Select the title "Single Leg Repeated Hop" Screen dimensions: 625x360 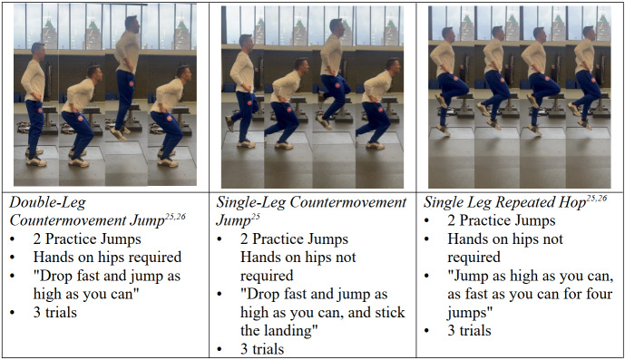click(x=504, y=202)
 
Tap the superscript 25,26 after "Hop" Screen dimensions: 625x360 click(x=597, y=199)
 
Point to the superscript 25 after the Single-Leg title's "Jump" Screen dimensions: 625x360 click(x=244, y=217)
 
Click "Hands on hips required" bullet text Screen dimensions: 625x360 click(x=107, y=258)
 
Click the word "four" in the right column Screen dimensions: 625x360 click(x=596, y=294)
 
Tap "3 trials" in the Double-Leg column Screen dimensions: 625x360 click(x=55, y=312)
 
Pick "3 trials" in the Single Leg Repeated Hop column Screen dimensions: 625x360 click(x=469, y=330)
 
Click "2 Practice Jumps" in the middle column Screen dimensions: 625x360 click(x=294, y=238)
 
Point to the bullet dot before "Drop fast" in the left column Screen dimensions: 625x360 click(x=13, y=277)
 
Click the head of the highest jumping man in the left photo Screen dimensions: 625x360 click(x=132, y=24)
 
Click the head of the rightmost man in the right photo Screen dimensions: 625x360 click(x=589, y=33)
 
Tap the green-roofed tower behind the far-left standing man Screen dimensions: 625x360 click(x=49, y=34)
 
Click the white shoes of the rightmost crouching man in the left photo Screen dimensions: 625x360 click(x=168, y=159)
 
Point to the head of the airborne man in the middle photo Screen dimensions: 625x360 click(x=336, y=26)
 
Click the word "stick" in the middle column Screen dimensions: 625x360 click(x=387, y=313)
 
